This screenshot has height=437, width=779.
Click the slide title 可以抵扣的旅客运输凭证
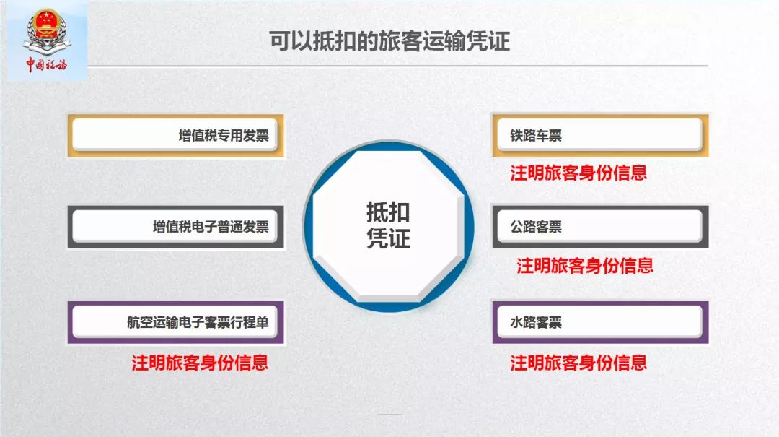click(x=389, y=41)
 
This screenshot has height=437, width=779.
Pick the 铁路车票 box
click(x=599, y=135)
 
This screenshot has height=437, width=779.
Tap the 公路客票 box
click(x=599, y=227)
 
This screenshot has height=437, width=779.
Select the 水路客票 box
click(x=599, y=322)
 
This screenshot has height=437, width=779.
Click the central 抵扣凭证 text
click(x=388, y=225)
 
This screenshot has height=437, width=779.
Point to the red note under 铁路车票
click(x=578, y=173)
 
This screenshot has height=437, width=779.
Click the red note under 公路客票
click(x=584, y=265)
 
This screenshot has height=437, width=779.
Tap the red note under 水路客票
click(x=578, y=363)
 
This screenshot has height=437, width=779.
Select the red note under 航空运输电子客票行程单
click(x=200, y=363)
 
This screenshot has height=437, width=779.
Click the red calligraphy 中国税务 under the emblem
click(x=46, y=66)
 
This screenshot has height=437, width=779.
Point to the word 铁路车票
click(x=536, y=136)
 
